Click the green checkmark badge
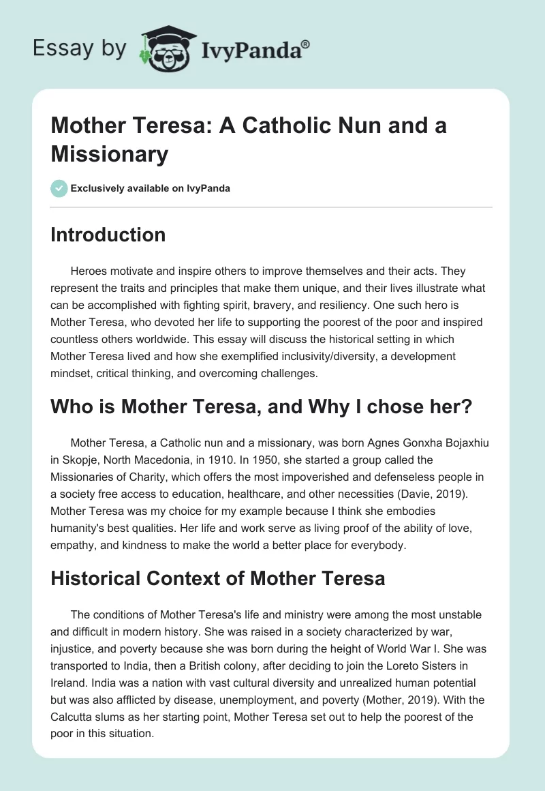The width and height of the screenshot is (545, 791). point(59,188)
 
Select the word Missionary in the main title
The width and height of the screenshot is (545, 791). point(109,154)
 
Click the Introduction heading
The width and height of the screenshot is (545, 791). point(108,235)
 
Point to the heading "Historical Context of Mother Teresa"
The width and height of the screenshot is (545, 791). point(218,578)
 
